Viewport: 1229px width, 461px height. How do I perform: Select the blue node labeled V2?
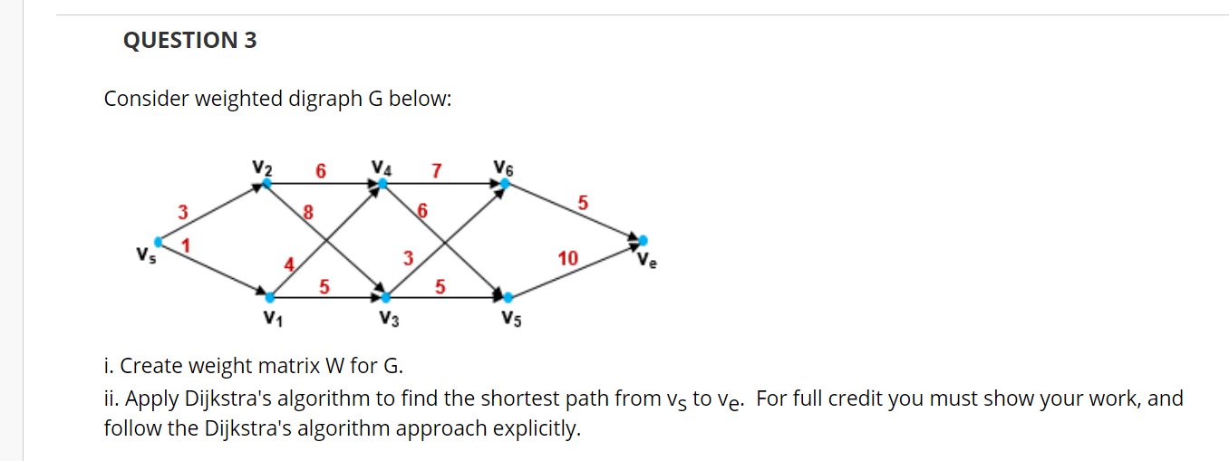point(266,184)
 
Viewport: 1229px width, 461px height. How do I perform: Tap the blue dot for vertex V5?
point(508,297)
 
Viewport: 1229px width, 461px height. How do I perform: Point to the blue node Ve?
point(643,240)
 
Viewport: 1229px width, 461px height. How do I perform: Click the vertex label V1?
point(270,318)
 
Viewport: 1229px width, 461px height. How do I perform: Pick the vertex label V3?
point(389,318)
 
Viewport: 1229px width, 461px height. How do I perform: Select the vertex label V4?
point(382,168)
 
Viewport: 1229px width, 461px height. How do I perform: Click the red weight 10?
point(567,259)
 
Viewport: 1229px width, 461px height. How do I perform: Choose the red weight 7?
point(437,170)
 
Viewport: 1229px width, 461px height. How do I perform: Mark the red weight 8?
point(307,214)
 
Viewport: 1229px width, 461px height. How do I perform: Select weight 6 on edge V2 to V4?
point(320,170)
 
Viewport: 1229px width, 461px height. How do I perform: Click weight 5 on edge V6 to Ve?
point(584,203)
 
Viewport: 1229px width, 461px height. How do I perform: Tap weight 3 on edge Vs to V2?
point(182,213)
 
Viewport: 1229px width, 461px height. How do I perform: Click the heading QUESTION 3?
point(190,40)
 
